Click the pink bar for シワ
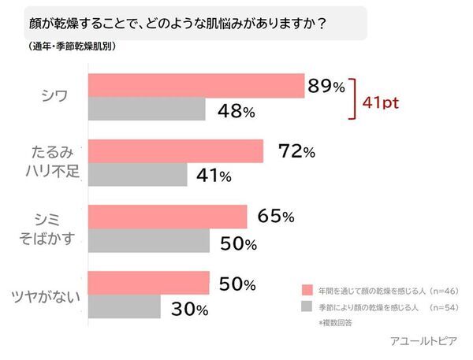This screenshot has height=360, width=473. pyautogui.click(x=197, y=86)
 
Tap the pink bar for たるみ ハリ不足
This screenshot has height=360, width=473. pyautogui.click(x=177, y=150)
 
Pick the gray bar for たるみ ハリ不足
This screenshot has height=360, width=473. pyautogui.click(x=139, y=175)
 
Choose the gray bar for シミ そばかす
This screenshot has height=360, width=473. pyautogui.click(x=150, y=241)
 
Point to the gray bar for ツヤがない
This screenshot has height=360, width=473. pyautogui.click(x=125, y=307)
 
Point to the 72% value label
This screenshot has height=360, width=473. pyautogui.click(x=297, y=151)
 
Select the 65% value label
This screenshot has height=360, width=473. pyautogui.click(x=276, y=217)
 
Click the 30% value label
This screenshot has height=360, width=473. pyautogui.click(x=190, y=309)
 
